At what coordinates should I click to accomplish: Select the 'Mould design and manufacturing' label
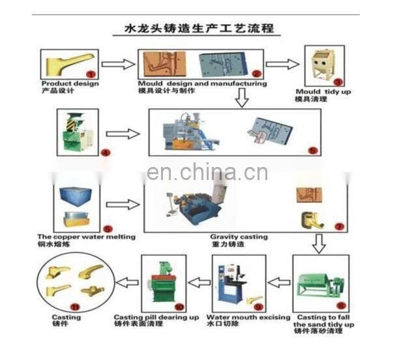(x=202, y=83)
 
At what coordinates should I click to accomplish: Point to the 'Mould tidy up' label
(x=323, y=92)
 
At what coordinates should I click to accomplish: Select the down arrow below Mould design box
(x=241, y=98)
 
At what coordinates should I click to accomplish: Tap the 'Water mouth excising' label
(x=248, y=317)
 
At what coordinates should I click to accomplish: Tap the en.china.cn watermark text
(x=207, y=173)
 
